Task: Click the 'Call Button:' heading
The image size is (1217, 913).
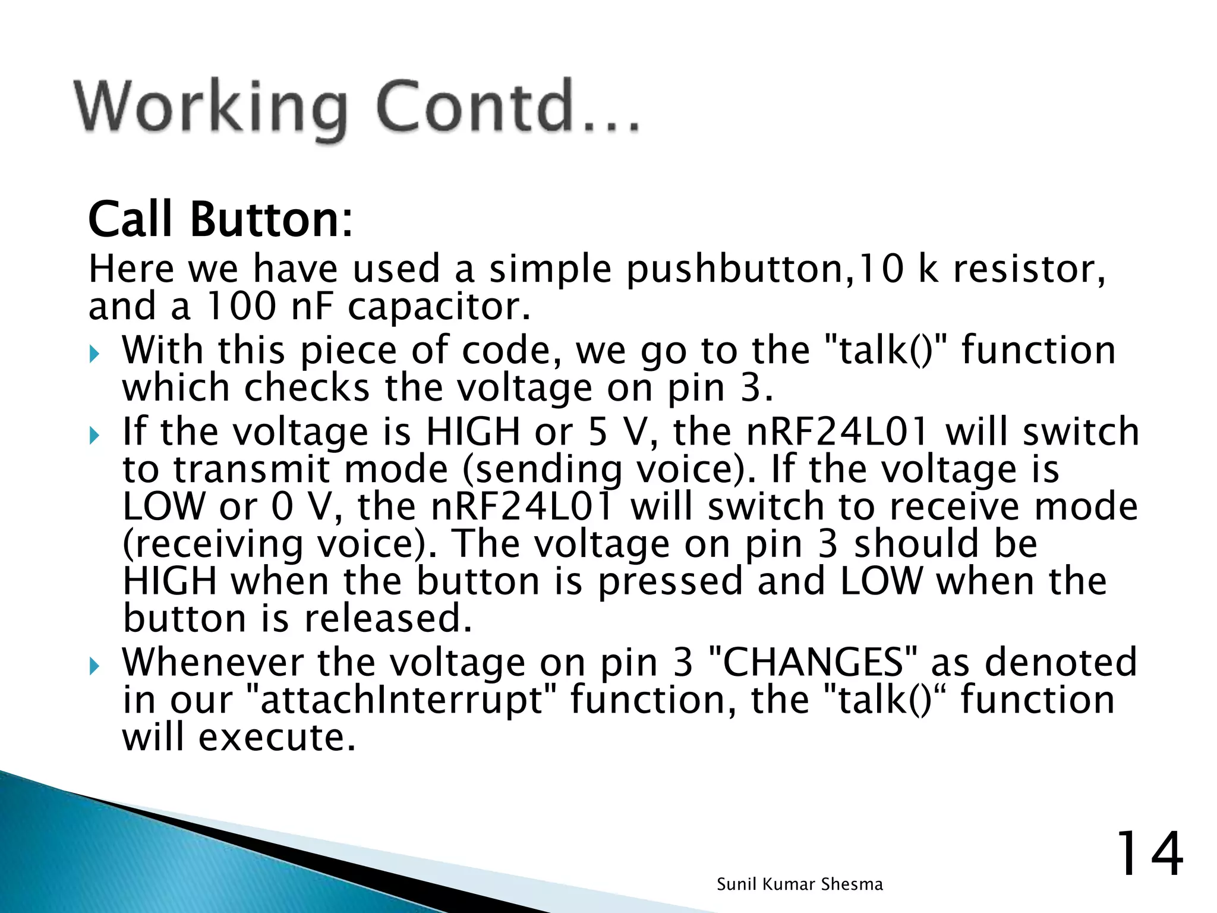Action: (220, 220)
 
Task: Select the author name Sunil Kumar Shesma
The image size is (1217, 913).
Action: (800, 884)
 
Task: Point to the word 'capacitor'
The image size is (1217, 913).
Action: (439, 307)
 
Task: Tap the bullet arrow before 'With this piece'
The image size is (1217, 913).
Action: (95, 355)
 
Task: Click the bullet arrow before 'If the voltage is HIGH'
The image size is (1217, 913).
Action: (95, 437)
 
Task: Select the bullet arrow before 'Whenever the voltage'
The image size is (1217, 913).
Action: (95, 667)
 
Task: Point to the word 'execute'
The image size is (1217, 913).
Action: (277, 737)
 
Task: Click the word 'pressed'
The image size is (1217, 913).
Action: (670, 581)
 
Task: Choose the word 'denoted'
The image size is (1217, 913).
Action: (1061, 662)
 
